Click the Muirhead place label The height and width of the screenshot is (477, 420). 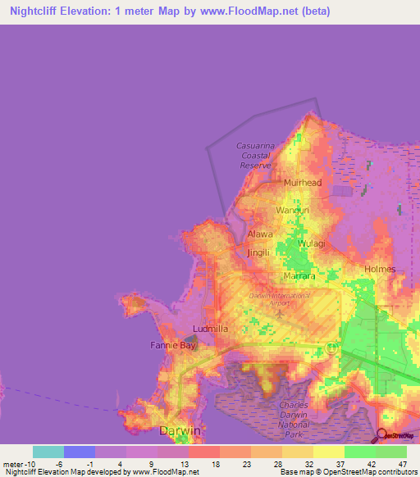303,183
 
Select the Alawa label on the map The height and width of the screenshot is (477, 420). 260,234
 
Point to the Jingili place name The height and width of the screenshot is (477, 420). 258,253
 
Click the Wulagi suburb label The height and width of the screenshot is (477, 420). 311,243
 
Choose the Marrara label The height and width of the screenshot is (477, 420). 299,276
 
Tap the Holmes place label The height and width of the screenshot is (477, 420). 380,269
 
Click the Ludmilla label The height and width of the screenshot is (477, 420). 209,329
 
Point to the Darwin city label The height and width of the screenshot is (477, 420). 179,430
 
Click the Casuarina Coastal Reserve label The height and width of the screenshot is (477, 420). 255,155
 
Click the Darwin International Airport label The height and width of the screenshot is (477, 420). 280,298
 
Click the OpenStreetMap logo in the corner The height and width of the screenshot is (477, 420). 395,435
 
